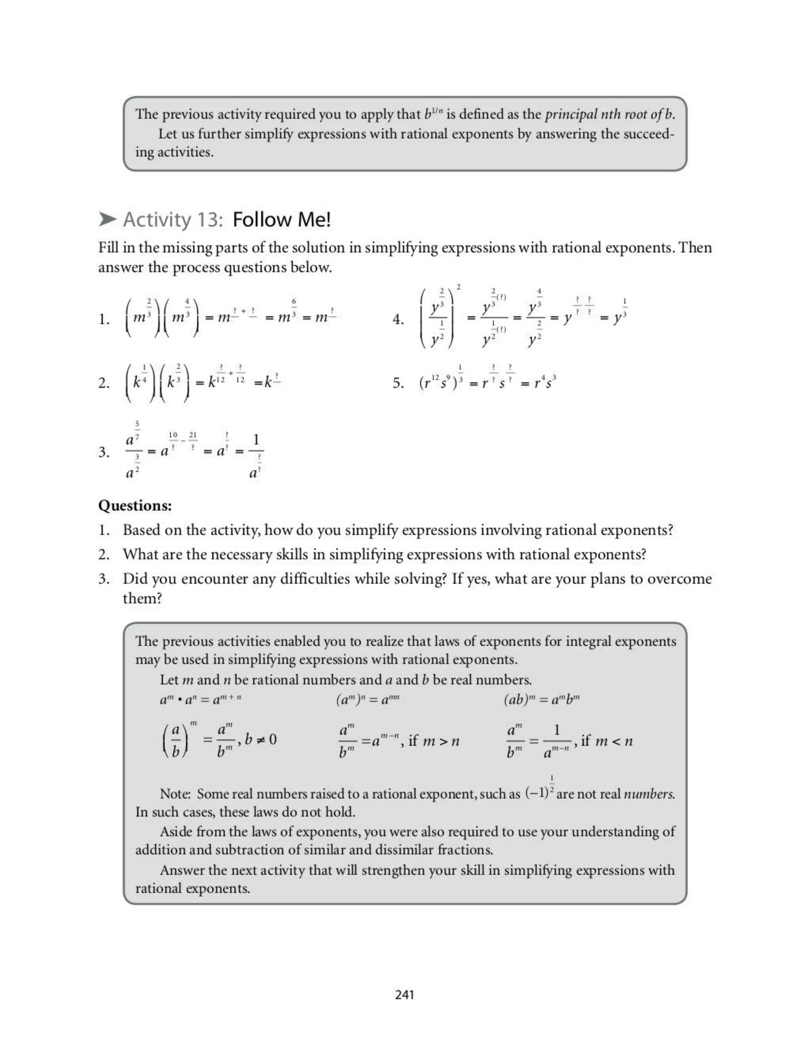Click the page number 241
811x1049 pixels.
point(405,994)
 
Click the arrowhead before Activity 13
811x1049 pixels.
point(108,220)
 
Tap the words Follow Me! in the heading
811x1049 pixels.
point(282,220)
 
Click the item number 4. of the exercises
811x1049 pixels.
point(398,319)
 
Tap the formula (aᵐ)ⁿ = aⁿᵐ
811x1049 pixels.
point(367,699)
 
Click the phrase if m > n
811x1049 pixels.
point(433,741)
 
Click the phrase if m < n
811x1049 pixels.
point(607,741)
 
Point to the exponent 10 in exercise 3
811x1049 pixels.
point(173,435)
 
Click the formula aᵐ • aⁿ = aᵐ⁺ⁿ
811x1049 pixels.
point(200,699)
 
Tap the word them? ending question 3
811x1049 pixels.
point(142,598)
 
